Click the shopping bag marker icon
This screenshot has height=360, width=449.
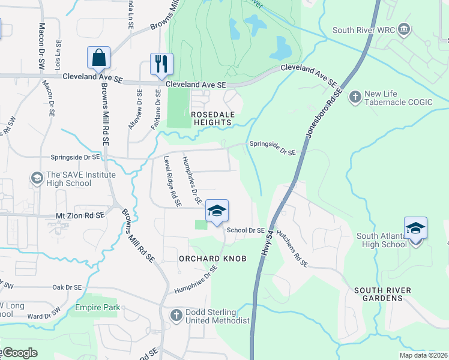pos(99,58)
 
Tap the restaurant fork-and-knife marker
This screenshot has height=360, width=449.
pos(161,64)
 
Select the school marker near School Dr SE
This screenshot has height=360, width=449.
pos(217,211)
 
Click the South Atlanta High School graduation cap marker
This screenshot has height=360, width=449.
pos(415,228)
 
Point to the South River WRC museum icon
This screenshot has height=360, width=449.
pos(404,29)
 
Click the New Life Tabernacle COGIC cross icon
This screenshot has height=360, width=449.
pos(355,95)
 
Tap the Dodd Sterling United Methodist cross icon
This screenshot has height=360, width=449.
pos(176,315)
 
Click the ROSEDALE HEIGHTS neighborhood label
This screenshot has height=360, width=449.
pos(211,118)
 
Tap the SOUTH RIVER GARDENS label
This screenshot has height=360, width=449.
pos(382,295)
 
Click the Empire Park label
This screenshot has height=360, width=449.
pos(97,308)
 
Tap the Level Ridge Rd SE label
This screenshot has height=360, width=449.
pos(172,182)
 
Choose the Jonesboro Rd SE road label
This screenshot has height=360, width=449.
pos(325,115)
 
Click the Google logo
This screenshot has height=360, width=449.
pos(20,353)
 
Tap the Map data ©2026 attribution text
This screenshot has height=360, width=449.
pos(423,355)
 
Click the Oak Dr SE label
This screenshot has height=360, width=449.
pos(67,287)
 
